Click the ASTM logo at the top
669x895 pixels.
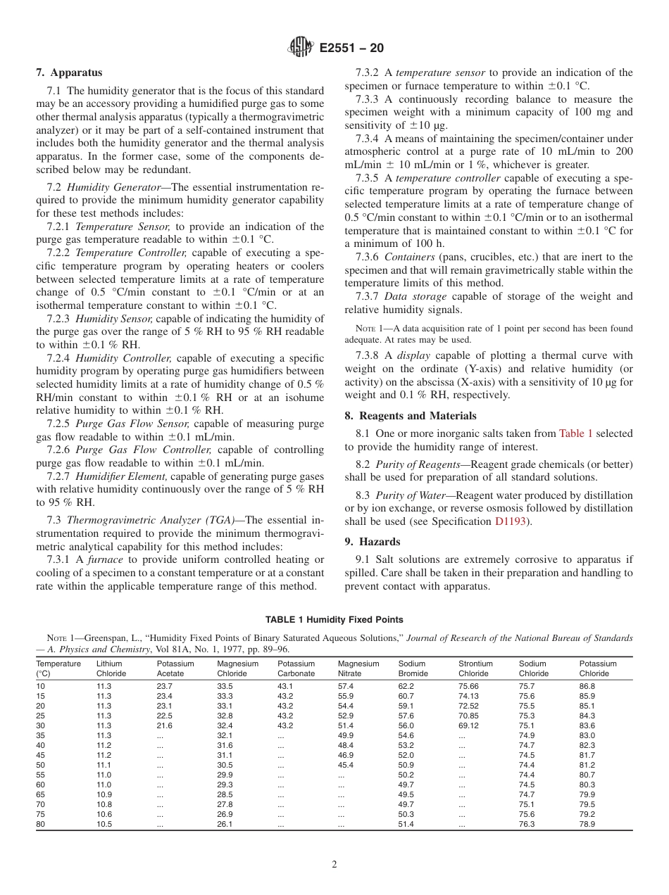(301, 48)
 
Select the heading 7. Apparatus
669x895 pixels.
(69, 72)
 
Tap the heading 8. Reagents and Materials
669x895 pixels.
(410, 416)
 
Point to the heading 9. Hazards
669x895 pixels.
(373, 542)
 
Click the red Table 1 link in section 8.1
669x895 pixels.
(575, 434)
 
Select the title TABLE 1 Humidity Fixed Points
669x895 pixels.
(334, 620)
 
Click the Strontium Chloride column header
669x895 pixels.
(475, 668)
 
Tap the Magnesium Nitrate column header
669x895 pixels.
(358, 668)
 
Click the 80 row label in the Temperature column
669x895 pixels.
(41, 824)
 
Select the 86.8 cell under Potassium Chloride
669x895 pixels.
(587, 686)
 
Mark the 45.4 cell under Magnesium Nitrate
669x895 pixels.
(345, 765)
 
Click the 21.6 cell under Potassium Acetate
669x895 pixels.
(164, 725)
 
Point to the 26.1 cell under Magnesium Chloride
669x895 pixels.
(225, 824)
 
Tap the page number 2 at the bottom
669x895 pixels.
(334, 865)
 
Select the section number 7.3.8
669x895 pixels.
(369, 356)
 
